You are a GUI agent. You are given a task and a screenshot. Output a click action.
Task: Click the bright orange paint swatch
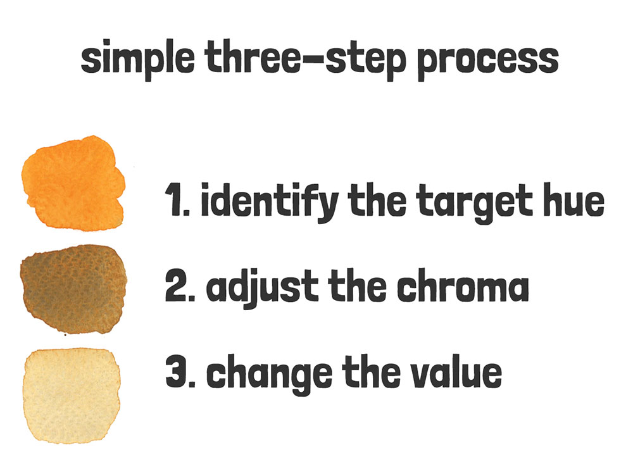pos(73,183)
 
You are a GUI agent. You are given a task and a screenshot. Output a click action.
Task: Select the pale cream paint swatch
pos(72,396)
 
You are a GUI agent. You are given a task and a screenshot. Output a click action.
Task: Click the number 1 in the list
pos(175,200)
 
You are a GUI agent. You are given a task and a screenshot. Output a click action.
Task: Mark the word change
pos(269,374)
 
